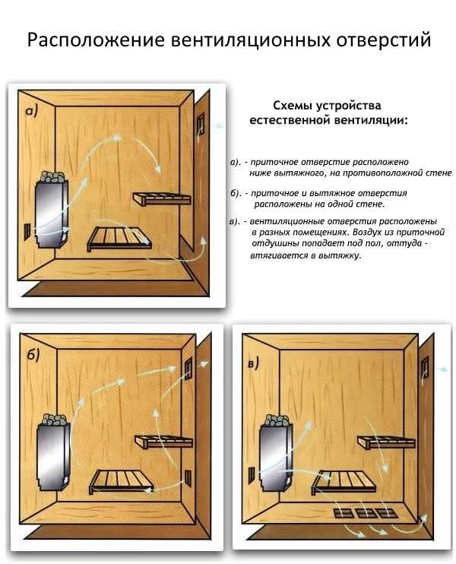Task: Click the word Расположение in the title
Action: coord(96,40)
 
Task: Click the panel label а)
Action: coord(31,112)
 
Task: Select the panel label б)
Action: coord(33,355)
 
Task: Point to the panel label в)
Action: coord(253,363)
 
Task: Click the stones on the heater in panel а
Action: coord(52,176)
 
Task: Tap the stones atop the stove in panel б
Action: coord(54,420)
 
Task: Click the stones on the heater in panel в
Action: coord(277,421)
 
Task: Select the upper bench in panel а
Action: coord(162,198)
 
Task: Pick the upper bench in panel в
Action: coord(386,442)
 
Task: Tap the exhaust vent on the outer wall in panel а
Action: coord(200,124)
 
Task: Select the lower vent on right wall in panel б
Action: coord(188,478)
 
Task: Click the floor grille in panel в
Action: coord(366,512)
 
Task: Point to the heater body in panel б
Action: coord(54,457)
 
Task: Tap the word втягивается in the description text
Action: coord(278,255)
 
